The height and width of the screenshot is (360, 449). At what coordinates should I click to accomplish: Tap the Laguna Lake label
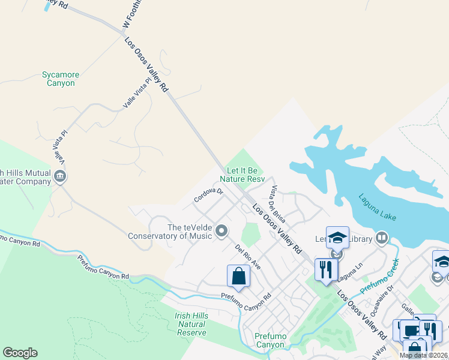tap(378, 206)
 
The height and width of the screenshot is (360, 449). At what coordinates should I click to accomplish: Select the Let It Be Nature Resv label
tap(242, 175)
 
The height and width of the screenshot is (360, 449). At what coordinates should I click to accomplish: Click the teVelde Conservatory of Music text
tap(170, 232)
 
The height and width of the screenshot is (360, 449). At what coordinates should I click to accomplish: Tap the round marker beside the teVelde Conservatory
tap(221, 231)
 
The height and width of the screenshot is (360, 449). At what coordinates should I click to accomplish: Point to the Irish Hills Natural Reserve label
tap(191, 324)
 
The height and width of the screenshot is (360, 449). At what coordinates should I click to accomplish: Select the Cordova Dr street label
tap(208, 195)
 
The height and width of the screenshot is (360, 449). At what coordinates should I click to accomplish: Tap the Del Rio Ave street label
tap(248, 257)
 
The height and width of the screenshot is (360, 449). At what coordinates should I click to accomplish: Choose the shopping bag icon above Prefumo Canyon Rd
tap(238, 277)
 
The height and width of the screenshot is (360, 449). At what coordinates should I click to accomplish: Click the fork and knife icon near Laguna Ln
tap(326, 269)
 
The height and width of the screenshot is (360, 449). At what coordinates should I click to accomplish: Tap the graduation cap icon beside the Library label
tap(337, 237)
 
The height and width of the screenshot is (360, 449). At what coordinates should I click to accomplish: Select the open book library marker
tap(381, 239)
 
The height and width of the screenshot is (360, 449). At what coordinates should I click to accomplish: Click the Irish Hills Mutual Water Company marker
tap(60, 176)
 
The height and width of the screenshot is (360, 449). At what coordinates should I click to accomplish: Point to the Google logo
tap(20, 353)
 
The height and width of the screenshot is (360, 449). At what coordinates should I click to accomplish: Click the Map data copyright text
tap(423, 355)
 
